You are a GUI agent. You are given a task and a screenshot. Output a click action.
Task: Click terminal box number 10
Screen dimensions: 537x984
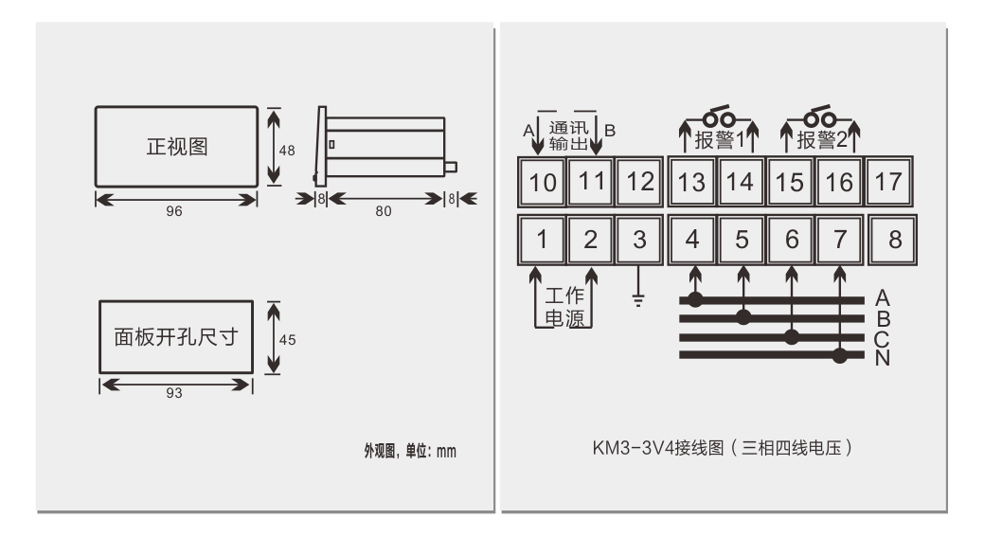coord(542,183)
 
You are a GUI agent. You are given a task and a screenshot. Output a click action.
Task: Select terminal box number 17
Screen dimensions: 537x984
coord(888,183)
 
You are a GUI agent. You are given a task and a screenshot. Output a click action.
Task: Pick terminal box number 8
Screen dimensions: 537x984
coord(894,240)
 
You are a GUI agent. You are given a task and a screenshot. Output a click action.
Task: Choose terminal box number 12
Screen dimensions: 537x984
coord(640,183)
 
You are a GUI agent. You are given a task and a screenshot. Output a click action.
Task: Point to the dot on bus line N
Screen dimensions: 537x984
coord(840,356)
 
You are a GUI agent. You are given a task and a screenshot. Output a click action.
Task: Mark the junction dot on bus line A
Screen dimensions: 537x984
coord(694,300)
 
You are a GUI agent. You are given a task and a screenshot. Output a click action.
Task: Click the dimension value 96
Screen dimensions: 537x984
coord(174,212)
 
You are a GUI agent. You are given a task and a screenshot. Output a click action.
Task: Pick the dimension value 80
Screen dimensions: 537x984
coord(383,212)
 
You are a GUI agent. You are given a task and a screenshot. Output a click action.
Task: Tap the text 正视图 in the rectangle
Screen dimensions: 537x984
coord(175,148)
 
